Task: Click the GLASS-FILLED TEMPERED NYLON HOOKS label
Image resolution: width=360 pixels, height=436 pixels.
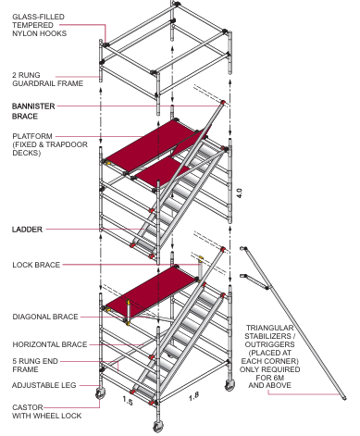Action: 39,25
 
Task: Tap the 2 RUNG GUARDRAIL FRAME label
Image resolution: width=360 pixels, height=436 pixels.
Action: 48,80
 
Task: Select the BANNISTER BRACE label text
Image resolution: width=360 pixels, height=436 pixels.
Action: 33,111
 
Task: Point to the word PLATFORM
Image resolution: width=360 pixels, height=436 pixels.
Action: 32,136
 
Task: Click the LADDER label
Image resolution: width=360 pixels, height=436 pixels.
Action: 27,230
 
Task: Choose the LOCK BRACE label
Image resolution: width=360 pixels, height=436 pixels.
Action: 36,265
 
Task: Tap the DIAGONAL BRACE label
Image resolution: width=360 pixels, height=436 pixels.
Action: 45,317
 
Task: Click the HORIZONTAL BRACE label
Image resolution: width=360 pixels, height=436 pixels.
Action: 50,344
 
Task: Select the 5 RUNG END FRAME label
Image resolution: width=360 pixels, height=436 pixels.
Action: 35,366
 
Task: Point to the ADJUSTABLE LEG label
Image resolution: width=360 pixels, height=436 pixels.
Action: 43,385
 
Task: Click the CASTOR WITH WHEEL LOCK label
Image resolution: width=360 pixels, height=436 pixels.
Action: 47,412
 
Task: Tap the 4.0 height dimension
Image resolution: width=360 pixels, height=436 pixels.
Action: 240,193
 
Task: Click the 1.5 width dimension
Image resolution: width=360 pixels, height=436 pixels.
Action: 128,401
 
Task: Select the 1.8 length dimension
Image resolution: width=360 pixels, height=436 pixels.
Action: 193,396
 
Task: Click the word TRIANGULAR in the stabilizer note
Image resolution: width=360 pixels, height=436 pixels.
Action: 270,328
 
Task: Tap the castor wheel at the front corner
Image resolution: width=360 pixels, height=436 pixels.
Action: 158,426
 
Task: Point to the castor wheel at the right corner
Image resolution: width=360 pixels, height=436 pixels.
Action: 230,385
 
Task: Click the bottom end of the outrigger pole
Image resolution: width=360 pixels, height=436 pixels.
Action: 344,397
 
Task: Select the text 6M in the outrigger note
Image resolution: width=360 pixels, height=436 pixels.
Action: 276,378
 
